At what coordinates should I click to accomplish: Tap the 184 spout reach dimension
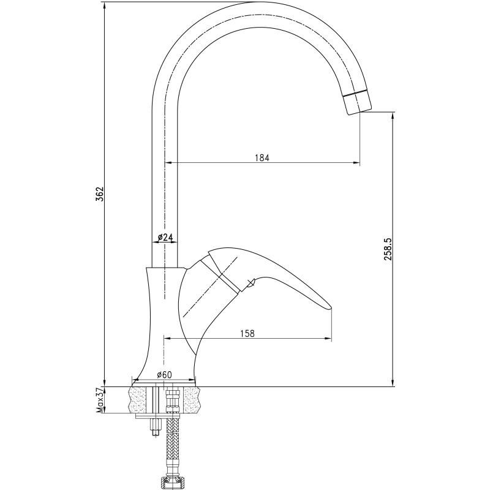pos(262,158)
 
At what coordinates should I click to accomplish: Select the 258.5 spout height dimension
pos(388,249)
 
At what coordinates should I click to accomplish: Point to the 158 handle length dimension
pos(247,333)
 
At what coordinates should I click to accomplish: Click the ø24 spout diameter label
pos(165,238)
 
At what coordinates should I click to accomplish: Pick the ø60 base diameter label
pos(164,374)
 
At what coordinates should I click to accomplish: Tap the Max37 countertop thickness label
pos(100,401)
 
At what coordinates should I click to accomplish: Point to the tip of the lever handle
pos(331,308)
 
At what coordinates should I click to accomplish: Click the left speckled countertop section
pos(138,401)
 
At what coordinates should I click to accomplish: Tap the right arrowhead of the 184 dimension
pos(356,162)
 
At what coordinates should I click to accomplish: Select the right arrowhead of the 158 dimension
pos(328,338)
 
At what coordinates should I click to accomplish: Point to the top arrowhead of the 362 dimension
pos(105,6)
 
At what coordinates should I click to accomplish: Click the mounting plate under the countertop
pos(158,417)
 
